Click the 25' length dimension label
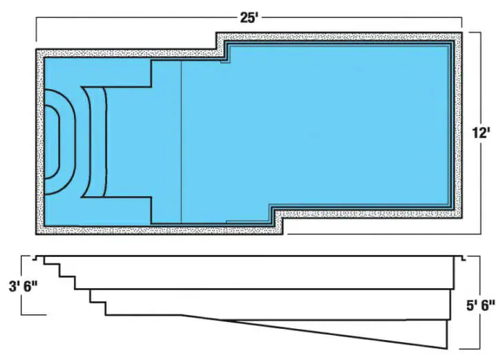[249, 18]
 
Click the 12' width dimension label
[481, 133]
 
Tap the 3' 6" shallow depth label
[23, 286]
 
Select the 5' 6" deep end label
[480, 305]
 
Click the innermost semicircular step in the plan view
[59, 142]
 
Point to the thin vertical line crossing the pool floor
[182, 142]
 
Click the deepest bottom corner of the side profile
[446, 348]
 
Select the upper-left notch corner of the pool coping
[216, 49]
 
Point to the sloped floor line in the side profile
[314, 332]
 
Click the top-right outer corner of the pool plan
[462, 32]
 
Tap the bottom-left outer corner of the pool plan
[36, 234]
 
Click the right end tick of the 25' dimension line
[462, 23]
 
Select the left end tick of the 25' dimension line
[36, 30]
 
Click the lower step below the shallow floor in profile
[98, 308]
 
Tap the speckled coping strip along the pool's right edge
[458, 125]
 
